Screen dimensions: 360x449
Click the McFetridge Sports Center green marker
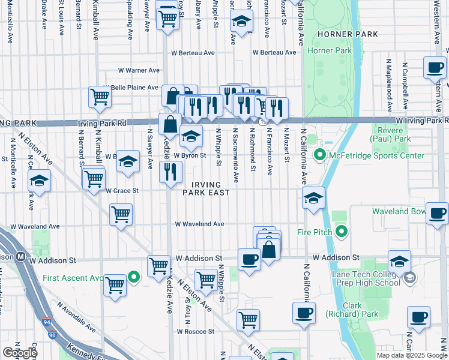pos(320,156)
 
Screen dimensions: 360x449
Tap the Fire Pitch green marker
pos(342,230)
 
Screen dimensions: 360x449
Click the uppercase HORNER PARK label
pos(348,34)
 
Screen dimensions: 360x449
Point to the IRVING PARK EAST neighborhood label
pos(207,188)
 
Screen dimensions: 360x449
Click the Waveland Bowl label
pos(399,211)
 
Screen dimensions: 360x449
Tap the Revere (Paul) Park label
pos(391,135)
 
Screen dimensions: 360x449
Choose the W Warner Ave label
pos(139,70)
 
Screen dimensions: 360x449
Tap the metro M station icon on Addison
pos(20,257)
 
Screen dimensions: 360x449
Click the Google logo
pos(20,353)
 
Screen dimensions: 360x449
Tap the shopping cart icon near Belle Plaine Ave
pos(100,97)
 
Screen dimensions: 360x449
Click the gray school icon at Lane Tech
pos(410,277)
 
